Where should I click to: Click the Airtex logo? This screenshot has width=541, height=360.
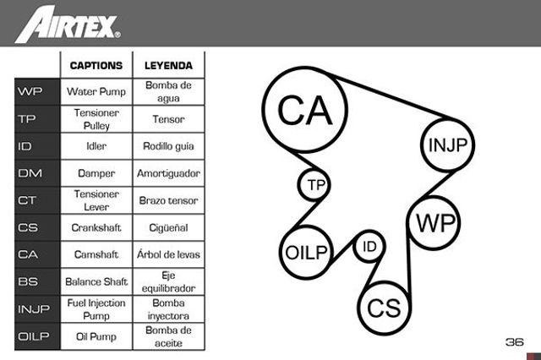pos(68,25)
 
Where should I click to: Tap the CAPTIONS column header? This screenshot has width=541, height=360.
pos(96,66)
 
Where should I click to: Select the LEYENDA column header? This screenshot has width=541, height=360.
pos(168,66)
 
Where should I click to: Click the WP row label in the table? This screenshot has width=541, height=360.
pos(30,92)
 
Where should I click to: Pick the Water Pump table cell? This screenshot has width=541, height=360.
pos(96,92)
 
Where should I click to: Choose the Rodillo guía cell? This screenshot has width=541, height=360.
pos(168,146)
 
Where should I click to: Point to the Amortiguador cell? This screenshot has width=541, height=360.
pos(168,173)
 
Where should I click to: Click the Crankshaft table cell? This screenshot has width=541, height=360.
pos(96,227)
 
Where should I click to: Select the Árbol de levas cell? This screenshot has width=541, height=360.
pos(168,254)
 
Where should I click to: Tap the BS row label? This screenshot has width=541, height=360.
pos(28,281)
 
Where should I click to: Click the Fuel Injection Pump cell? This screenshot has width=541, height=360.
pos(96,309)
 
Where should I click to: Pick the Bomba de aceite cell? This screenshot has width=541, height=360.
pos(168,336)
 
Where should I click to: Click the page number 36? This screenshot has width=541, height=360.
pos(515,342)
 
